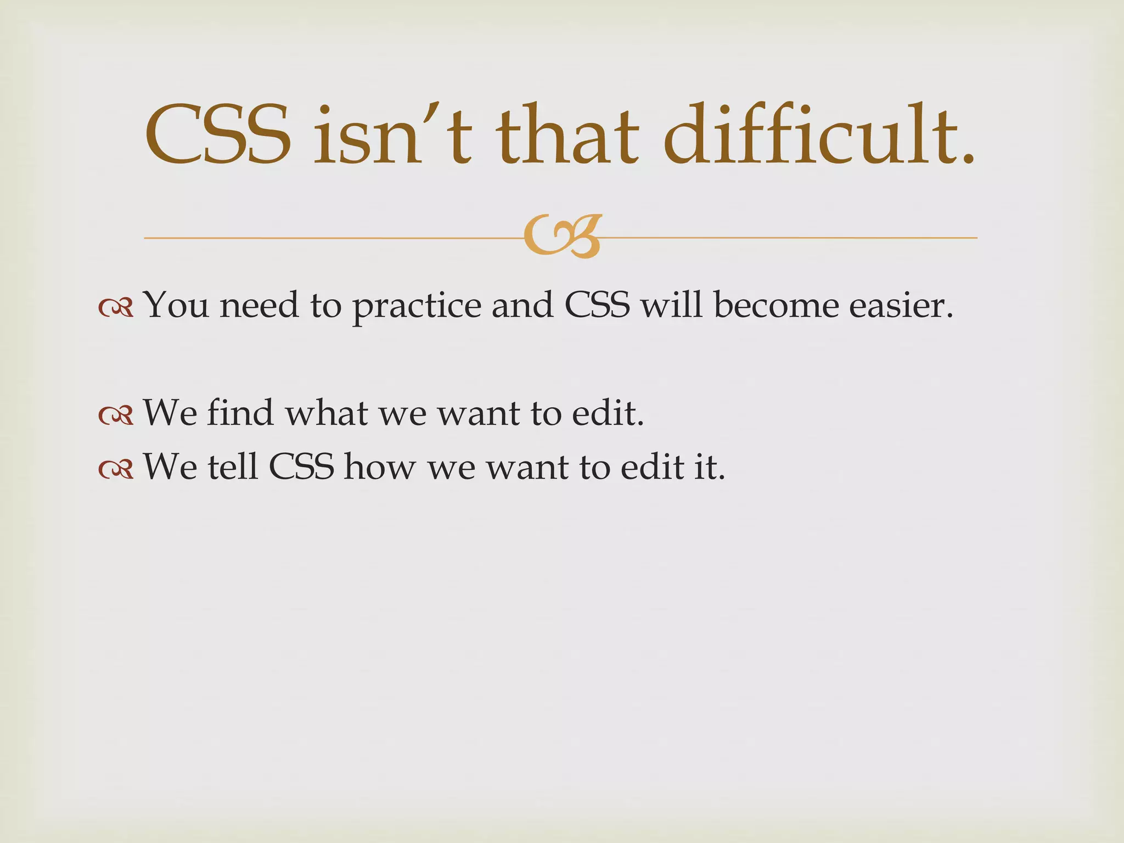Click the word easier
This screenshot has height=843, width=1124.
[x=901, y=305]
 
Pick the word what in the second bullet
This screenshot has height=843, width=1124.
[x=326, y=412]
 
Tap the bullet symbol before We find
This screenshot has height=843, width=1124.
[x=116, y=415]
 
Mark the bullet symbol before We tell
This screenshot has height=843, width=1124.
[x=116, y=469]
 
